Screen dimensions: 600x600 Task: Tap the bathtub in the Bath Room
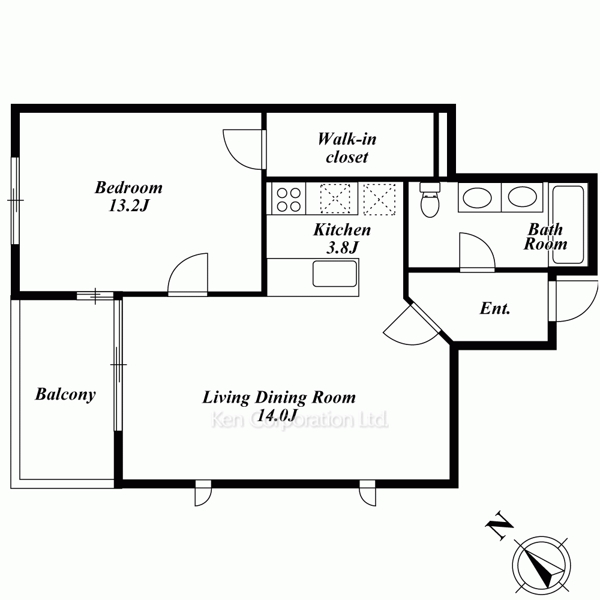click(x=568, y=224)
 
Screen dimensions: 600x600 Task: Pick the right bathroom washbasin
click(x=522, y=197)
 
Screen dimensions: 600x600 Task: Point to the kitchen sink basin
click(x=335, y=274)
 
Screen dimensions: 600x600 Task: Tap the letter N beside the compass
click(x=499, y=526)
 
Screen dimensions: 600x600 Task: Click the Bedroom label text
click(x=128, y=188)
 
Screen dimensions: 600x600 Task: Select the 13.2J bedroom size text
click(x=128, y=206)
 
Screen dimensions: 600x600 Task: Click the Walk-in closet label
click(x=347, y=148)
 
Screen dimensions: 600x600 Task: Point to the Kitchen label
click(x=342, y=230)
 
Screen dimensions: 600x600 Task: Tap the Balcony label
click(x=65, y=395)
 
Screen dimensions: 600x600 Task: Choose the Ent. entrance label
click(x=495, y=308)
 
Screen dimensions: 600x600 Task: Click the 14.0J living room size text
click(x=278, y=415)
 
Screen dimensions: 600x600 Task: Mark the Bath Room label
click(x=545, y=236)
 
